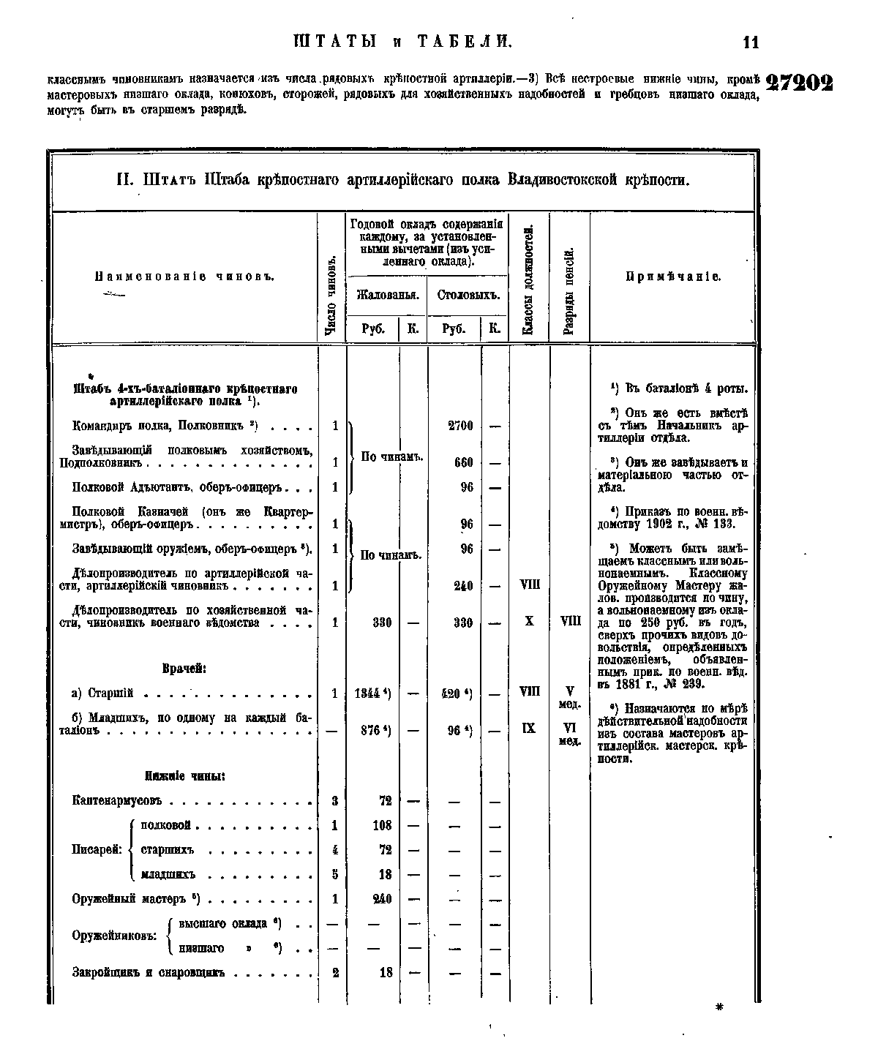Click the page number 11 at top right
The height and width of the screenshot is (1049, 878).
pos(751,42)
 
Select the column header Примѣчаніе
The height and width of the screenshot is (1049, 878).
pos(673,277)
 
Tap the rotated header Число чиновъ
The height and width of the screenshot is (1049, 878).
pos(331,296)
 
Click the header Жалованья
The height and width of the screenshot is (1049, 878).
pos(387,296)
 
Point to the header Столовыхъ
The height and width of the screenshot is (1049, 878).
pos(468,296)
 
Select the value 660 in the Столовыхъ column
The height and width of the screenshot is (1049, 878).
pos(464,462)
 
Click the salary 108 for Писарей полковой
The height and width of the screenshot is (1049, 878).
pos(382,825)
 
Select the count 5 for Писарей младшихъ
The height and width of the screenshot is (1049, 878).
pos(334,874)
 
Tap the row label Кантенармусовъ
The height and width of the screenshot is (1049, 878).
pos(116,801)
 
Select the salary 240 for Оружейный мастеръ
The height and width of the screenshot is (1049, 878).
pos(382,899)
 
